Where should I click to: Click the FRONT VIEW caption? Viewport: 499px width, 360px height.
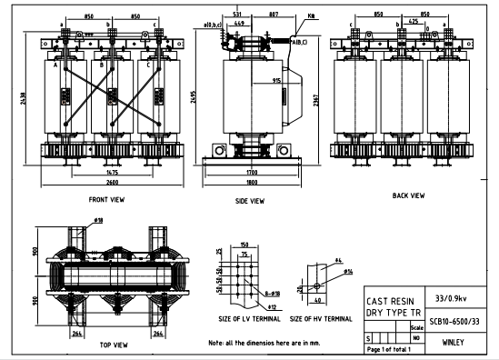pos(106,198)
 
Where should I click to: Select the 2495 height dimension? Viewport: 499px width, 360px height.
pos(192,97)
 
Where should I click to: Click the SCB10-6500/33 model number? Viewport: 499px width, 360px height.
pos(454,321)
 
